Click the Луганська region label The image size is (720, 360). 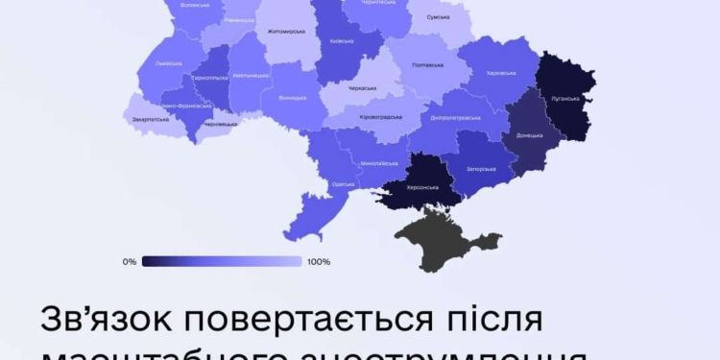coord(565,97)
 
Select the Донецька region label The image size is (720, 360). coord(529,135)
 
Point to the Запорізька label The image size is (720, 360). coord(480,169)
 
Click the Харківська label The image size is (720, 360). coord(501,72)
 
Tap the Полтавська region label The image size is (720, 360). coord(426,64)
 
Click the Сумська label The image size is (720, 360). coord(438,17)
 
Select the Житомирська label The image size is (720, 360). coord(286,31)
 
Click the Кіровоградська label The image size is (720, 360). coord(380,117)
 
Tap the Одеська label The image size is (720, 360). coord(342,183)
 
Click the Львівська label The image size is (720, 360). coord(168,62)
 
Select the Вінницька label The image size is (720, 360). coord(292,97)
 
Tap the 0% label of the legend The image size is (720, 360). coord(130,261)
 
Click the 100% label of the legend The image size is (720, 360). coord(319,261)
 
